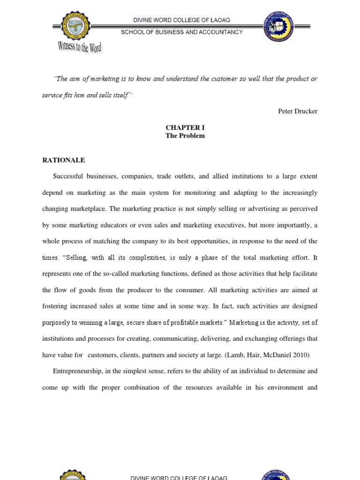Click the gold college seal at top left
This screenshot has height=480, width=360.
pyautogui.click(x=73, y=26)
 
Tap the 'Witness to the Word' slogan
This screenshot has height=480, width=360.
pyautogui.click(x=80, y=47)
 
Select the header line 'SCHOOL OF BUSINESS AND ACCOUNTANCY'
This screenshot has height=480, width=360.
pyautogui.click(x=182, y=32)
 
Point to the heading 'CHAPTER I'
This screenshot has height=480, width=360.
pyautogui.click(x=185, y=127)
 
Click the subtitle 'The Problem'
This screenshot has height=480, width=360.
pyautogui.click(x=185, y=136)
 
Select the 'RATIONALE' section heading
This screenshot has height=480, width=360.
pyautogui.click(x=64, y=160)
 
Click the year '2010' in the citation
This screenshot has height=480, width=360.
pyautogui.click(x=300, y=355)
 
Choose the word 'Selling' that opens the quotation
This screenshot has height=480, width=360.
pyautogui.click(x=75, y=258)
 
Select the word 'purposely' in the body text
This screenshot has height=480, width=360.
pyautogui.click(x=57, y=322)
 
